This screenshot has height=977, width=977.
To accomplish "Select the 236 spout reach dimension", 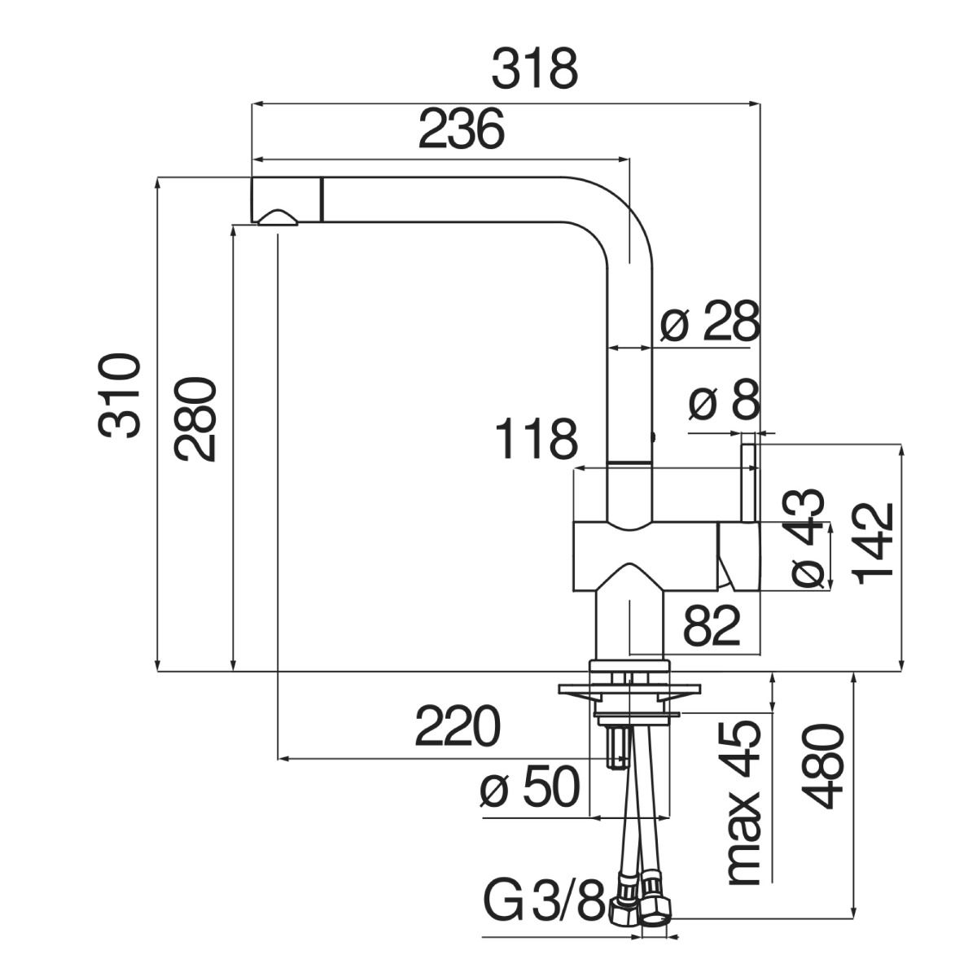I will pyautogui.click(x=461, y=129).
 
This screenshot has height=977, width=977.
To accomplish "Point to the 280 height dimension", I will pyautogui.click(x=195, y=419).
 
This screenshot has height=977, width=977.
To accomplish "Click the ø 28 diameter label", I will pyautogui.click(x=709, y=322).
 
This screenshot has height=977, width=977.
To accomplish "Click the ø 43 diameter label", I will pyautogui.click(x=807, y=538).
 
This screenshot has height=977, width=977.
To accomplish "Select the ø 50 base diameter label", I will pyautogui.click(x=529, y=788).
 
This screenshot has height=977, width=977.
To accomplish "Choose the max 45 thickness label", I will pyautogui.click(x=743, y=802).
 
